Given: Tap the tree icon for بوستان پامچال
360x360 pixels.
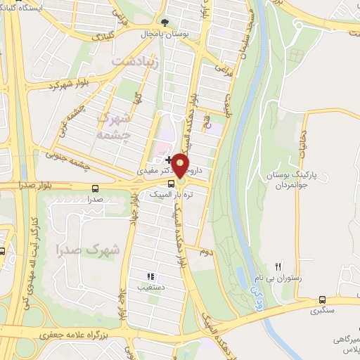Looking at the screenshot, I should click(165, 22).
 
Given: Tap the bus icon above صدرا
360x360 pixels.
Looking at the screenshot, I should click(96, 188).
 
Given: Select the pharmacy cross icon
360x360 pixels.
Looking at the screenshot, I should click(168, 160).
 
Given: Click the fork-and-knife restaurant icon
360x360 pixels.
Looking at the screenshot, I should click(279, 266).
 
